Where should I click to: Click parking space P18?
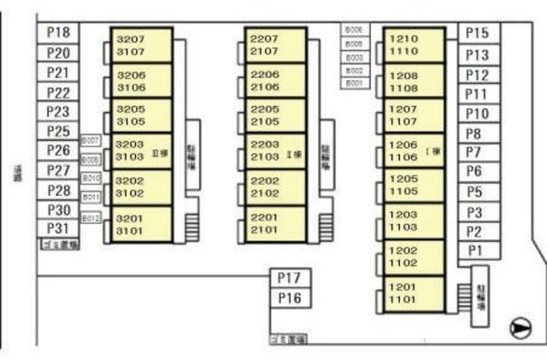click(x=59, y=32)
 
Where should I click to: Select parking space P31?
click(x=59, y=228)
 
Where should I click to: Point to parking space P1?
click(x=476, y=250)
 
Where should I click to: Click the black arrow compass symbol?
click(x=520, y=327)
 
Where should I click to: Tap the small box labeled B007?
click(x=91, y=140)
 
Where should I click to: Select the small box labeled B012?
click(x=91, y=218)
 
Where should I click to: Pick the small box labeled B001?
click(x=355, y=84)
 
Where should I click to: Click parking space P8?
click(x=476, y=133)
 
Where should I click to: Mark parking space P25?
click(x=59, y=131)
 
